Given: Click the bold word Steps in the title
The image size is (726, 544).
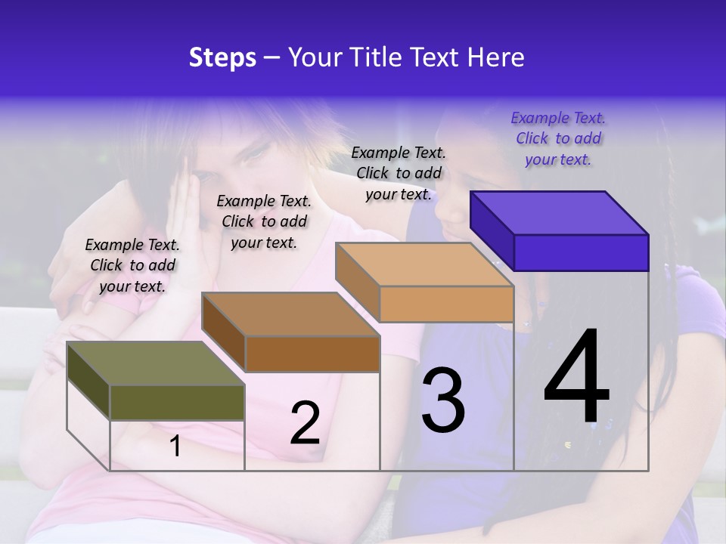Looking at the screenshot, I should [x=222, y=57].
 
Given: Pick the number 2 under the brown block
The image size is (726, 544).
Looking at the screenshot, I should [x=305, y=423].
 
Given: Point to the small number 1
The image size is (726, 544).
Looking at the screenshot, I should [x=175, y=447].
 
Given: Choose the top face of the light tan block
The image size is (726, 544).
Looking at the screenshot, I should [x=424, y=264].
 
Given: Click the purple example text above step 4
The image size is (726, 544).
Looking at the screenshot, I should [x=558, y=139].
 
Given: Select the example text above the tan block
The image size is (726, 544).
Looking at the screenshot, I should [x=399, y=173].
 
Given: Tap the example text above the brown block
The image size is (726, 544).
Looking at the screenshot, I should [x=264, y=221].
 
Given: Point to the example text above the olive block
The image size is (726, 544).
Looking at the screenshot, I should [x=132, y=265].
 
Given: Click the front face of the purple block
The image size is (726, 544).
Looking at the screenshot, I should [x=581, y=252].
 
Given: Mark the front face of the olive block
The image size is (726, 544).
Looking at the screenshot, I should [x=177, y=402].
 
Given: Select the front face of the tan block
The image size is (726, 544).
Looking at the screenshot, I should [x=446, y=304].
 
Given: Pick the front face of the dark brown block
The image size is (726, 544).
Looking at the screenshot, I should [x=312, y=354].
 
